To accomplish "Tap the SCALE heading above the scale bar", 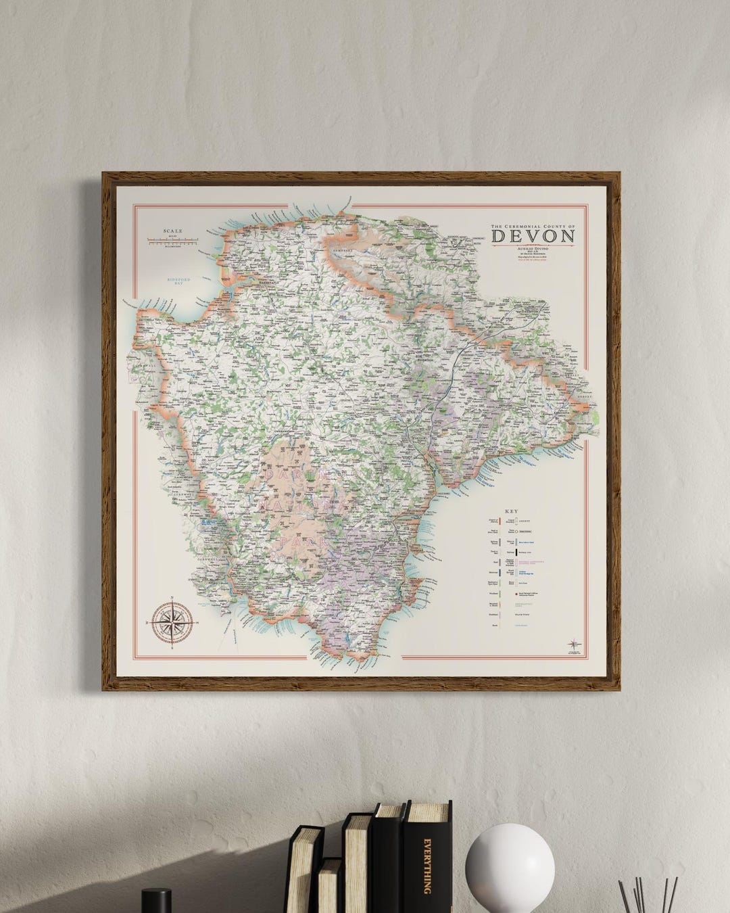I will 172,232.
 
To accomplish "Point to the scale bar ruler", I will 172,240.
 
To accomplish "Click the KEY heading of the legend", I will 511,511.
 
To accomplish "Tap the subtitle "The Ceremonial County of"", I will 533,225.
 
